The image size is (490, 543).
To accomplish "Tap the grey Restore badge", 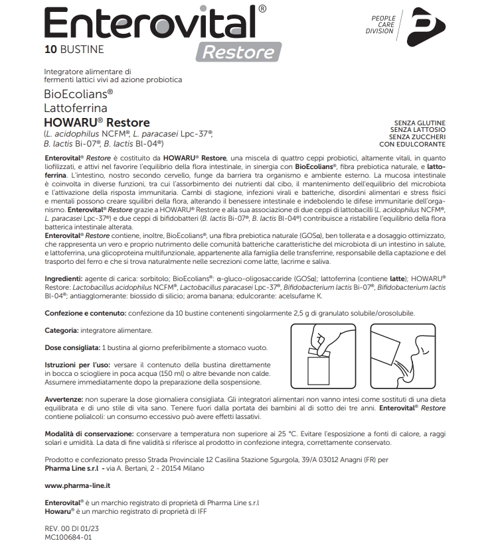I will click(x=238, y=52).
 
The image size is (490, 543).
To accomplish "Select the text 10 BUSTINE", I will click(x=74, y=49).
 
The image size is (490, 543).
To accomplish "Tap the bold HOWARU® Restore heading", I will click(x=96, y=123).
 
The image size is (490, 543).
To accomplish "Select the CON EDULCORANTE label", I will click(x=412, y=143).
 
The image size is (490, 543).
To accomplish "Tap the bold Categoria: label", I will click(x=62, y=330).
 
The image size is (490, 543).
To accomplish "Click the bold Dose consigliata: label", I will click(x=72, y=347).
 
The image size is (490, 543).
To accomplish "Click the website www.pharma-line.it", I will click(x=77, y=486).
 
